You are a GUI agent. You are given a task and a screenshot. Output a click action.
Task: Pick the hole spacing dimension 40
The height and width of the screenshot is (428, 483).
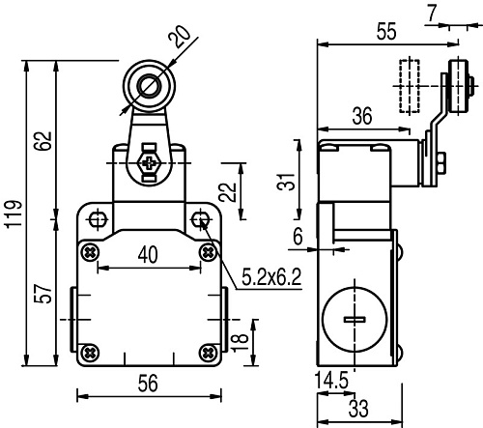[x=148, y=254]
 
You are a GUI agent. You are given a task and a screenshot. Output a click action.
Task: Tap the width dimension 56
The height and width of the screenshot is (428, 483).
[x=148, y=384]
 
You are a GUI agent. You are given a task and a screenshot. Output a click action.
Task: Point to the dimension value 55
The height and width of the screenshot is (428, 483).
[x=386, y=32]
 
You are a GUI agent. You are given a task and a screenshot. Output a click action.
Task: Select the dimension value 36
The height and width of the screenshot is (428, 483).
[x=362, y=116]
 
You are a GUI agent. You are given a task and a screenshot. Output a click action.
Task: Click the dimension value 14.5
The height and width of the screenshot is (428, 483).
[x=332, y=382]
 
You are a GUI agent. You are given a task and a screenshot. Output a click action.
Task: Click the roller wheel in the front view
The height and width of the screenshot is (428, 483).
[x=148, y=88]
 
